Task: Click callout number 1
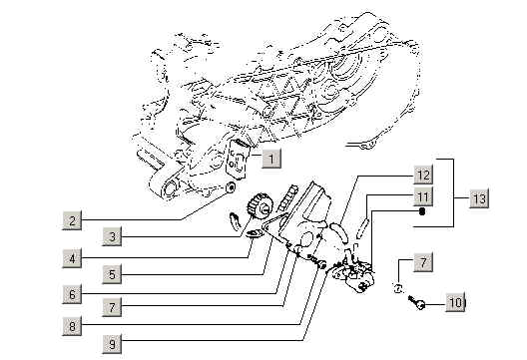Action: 271,158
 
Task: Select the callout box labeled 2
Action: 72,220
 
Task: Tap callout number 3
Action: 112,236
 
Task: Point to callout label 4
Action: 72,258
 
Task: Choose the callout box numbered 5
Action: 112,274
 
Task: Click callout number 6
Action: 72,294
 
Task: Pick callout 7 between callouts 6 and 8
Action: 112,306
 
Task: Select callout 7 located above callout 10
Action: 423,262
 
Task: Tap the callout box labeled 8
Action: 72,326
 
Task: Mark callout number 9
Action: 112,343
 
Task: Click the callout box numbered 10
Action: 455,302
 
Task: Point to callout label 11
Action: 423,196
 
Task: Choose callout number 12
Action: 423,175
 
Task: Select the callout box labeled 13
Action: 479,198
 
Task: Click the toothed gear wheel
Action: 260,206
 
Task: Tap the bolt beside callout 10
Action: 417,302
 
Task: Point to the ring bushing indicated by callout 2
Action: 231,187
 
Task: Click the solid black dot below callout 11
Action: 422,211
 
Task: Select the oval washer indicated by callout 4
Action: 255,232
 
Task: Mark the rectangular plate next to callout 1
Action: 238,159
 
